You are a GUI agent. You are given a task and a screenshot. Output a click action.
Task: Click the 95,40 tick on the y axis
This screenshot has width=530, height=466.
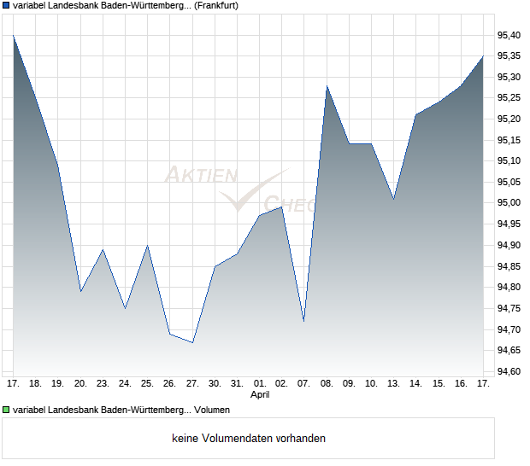(x=509, y=35)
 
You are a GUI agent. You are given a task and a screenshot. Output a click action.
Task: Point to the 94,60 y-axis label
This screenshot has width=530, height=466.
(x=509, y=371)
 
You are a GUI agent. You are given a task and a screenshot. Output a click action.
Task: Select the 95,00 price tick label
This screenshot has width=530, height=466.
(x=509, y=203)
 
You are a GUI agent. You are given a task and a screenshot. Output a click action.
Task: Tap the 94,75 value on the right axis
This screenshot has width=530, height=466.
(x=509, y=308)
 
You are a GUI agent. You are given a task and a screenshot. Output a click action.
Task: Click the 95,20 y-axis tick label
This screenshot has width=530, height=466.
(x=509, y=119)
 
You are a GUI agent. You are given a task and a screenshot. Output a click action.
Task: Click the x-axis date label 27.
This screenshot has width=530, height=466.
(x=192, y=384)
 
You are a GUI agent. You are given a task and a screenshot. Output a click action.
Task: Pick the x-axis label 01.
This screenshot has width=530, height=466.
(x=260, y=384)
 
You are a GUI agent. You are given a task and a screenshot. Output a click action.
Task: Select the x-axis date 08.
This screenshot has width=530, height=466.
(x=327, y=384)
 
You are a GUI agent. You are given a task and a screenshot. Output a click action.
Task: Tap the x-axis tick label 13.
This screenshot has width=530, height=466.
(x=393, y=384)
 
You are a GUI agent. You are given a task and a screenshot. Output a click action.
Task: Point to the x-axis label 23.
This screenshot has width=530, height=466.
(x=103, y=384)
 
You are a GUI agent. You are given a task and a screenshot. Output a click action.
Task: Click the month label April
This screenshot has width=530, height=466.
(x=260, y=395)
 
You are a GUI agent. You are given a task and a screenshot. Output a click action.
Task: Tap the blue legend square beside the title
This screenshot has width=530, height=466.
(x=6, y=5)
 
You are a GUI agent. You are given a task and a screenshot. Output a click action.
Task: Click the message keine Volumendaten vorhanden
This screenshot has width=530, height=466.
(x=249, y=439)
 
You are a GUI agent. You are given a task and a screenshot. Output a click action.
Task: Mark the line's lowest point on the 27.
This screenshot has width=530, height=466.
(x=192, y=342)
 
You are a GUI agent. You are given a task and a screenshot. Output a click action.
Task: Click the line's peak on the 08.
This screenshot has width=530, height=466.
(x=327, y=85)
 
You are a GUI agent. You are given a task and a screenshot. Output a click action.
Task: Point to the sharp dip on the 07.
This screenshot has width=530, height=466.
(x=304, y=321)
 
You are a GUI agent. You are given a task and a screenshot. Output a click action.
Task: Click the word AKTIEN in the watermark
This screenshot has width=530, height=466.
(x=200, y=176)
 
